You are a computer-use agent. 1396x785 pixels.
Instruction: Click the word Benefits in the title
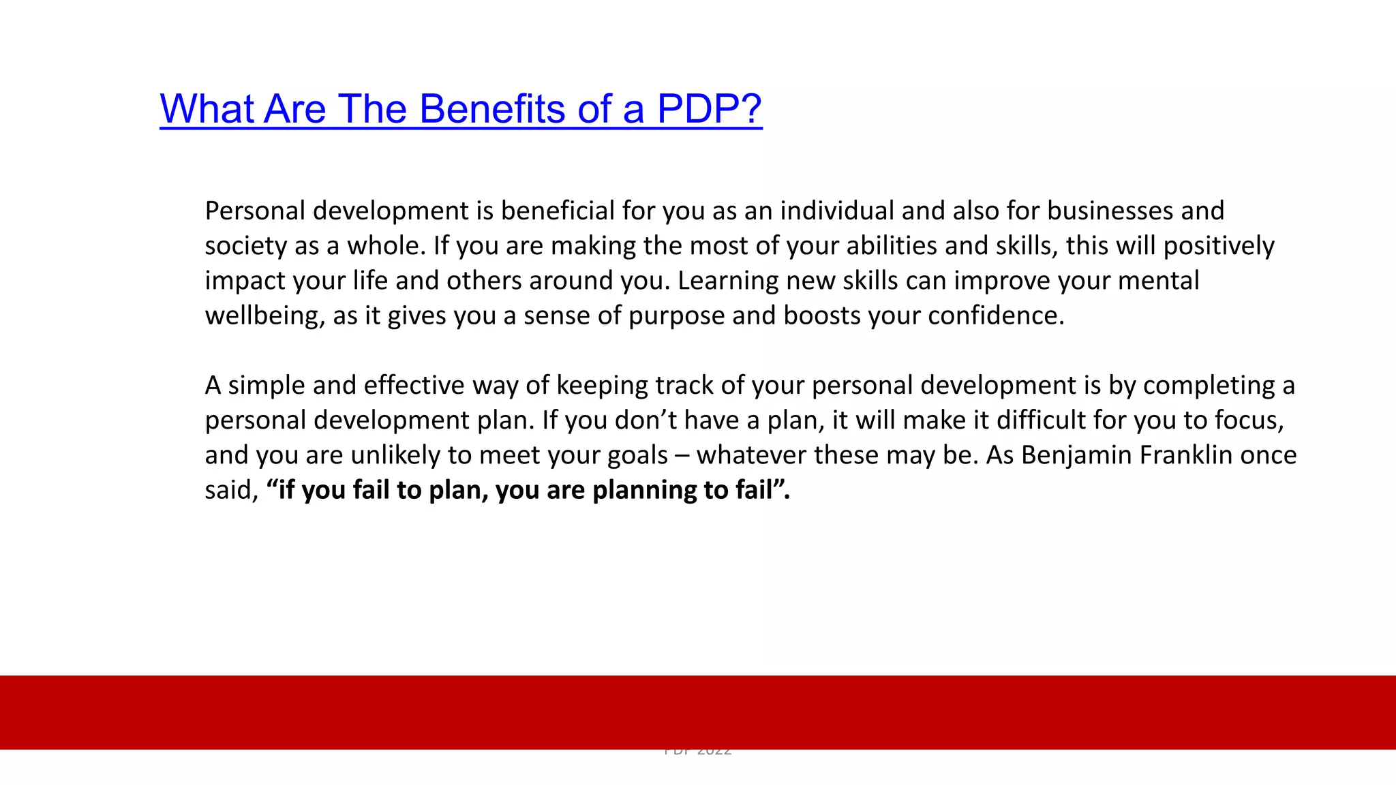[491, 109]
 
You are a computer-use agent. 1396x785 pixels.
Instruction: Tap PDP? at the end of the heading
[709, 109]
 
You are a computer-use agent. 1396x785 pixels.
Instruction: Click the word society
[246, 246]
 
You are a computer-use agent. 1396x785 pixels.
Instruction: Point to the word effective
[414, 386]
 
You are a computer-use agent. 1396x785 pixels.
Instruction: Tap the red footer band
[698, 712]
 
